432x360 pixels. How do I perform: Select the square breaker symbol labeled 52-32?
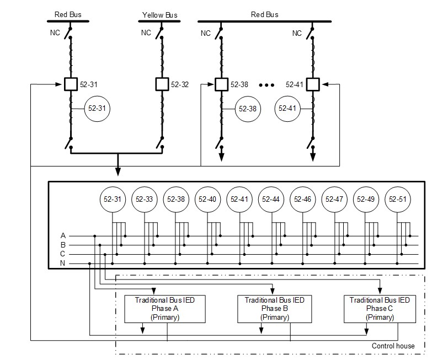pos(162,84)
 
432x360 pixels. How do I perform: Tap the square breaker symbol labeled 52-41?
pos(312,84)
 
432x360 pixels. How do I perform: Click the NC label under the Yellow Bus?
pos(146,33)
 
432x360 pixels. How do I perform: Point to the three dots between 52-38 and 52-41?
pos(266,85)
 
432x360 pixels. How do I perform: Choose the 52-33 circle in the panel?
pos(144,199)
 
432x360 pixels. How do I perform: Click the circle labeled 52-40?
pos(207,199)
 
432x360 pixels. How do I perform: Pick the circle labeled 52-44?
pos(271,199)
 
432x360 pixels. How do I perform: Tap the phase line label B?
pos(62,245)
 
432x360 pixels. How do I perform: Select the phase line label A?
pos(62,235)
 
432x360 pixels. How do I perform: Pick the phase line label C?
pos(62,254)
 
